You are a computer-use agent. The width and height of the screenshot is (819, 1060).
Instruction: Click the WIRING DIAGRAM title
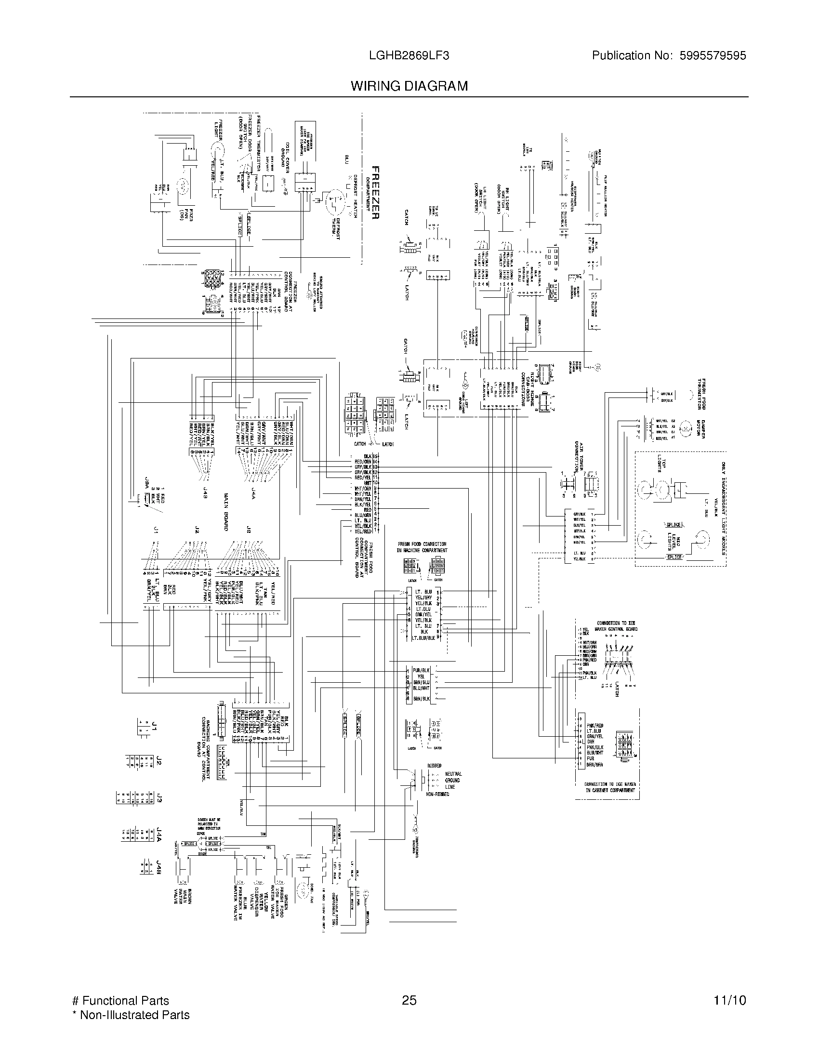[x=409, y=86]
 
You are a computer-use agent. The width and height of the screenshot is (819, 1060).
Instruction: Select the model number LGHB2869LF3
[x=409, y=56]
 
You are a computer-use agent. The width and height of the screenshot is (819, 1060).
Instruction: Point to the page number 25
[x=409, y=1001]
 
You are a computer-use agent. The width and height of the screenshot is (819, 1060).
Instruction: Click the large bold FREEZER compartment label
[x=374, y=193]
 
